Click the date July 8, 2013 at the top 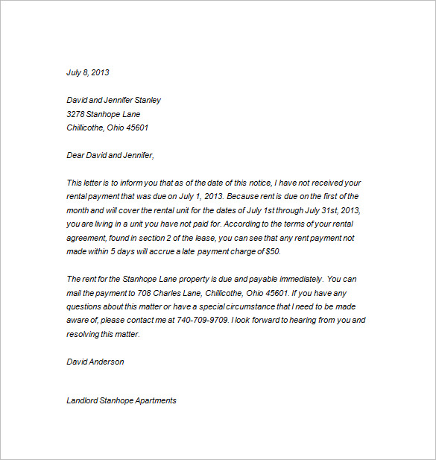pyautogui.click(x=87, y=73)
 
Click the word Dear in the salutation pyautogui.click(x=76, y=155)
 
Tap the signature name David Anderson pyautogui.click(x=95, y=362)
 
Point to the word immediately pyautogui.click(x=294, y=280)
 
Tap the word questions pyautogui.click(x=85, y=307)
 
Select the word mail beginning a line pyautogui.click(x=75, y=293)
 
